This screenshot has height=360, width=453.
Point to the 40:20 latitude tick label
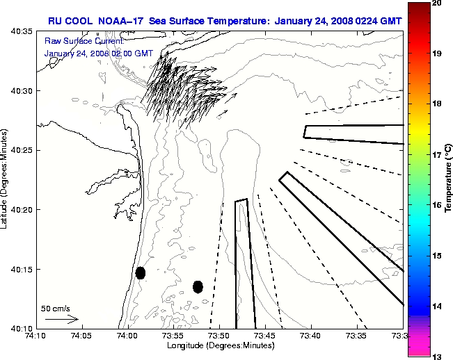[x=21, y=210]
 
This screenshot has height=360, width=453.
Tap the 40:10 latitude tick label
[x=21, y=328]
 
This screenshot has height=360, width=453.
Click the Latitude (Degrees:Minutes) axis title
[x=5, y=179]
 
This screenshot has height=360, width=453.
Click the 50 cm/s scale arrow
[x=62, y=320]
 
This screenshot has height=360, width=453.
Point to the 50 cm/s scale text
[x=55, y=308]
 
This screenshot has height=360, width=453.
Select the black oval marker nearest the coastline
[x=141, y=272]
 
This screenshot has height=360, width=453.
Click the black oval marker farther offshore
[x=198, y=286]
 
